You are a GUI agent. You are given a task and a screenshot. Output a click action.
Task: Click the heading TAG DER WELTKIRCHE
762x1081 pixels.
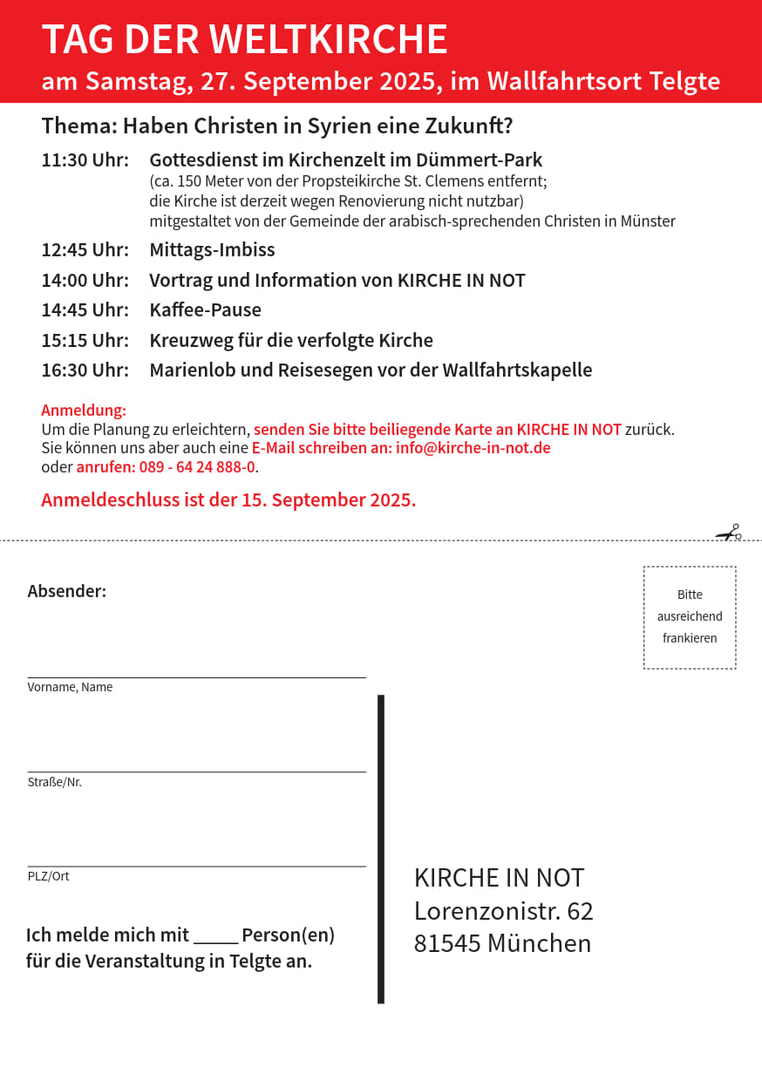click(244, 40)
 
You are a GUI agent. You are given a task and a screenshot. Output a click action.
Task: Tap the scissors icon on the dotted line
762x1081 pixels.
click(729, 533)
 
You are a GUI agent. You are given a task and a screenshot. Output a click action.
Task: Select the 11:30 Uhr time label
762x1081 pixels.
click(85, 160)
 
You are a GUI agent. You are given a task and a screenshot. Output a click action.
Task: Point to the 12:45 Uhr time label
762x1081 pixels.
click(85, 250)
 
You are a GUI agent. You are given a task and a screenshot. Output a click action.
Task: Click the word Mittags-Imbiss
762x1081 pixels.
click(212, 250)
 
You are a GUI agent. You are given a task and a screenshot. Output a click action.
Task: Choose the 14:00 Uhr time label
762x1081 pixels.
click(85, 281)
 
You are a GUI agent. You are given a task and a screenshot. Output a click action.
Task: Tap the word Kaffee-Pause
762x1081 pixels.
click(205, 310)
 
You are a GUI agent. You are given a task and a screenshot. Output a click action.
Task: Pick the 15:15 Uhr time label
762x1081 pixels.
click(85, 340)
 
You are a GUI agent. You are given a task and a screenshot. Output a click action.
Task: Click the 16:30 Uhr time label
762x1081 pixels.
click(85, 371)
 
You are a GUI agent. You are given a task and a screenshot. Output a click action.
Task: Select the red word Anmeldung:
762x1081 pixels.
click(84, 411)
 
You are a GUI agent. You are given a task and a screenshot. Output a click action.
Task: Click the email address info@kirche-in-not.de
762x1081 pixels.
click(473, 448)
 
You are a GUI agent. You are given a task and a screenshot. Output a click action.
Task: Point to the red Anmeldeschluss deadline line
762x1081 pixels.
click(228, 500)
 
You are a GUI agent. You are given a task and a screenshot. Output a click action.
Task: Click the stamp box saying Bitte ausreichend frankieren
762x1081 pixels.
click(690, 617)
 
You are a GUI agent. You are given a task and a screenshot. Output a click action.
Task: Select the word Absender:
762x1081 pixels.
click(67, 591)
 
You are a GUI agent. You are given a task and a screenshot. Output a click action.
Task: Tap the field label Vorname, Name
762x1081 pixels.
click(70, 687)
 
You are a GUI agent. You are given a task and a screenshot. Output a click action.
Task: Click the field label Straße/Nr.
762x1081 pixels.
click(54, 782)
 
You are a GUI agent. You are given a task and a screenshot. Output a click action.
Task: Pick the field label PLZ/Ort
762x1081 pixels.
click(48, 876)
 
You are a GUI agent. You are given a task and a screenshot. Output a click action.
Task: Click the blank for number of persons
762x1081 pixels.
click(215, 937)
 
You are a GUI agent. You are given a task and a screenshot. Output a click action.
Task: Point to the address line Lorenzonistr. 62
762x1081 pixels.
click(503, 911)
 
